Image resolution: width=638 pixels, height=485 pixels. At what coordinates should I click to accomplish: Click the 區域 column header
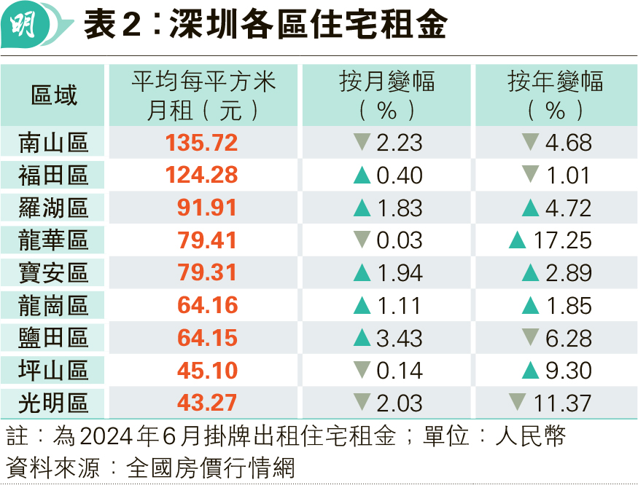click(54, 95)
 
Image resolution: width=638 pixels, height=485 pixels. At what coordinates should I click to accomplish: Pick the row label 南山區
click(53, 143)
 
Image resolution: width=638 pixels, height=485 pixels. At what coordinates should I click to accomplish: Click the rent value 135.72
click(201, 143)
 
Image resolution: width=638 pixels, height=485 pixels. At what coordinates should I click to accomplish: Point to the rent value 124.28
click(201, 176)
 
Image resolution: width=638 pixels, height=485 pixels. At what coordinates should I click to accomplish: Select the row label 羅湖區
click(53, 208)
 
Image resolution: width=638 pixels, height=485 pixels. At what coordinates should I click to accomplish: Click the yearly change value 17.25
click(562, 240)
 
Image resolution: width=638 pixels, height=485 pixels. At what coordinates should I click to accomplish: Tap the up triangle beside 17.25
click(518, 240)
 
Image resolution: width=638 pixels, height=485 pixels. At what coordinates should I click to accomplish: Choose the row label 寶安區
click(53, 273)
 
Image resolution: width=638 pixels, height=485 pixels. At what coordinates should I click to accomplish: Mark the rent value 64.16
click(208, 305)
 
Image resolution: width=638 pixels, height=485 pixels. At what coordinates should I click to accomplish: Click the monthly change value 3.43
click(399, 338)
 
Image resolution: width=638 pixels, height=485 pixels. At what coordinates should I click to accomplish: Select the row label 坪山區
click(53, 371)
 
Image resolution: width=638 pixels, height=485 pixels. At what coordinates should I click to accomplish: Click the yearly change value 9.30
click(569, 371)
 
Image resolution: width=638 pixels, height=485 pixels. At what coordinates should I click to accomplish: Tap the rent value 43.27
click(207, 403)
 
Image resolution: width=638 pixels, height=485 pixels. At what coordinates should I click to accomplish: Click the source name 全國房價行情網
click(211, 468)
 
